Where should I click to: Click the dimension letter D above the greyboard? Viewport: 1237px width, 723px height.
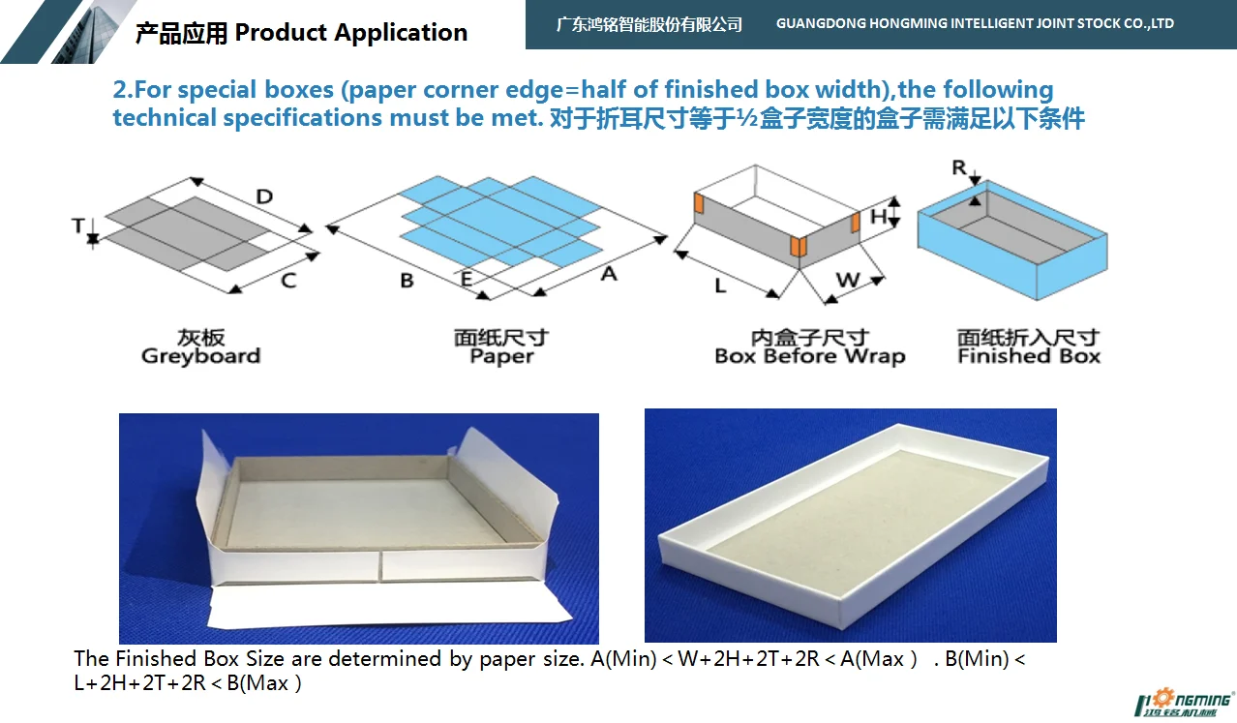click(263, 197)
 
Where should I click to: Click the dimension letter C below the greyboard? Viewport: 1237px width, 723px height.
click(287, 281)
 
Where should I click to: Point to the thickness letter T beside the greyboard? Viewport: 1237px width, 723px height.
click(77, 226)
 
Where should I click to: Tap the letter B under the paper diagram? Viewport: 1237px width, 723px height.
click(407, 281)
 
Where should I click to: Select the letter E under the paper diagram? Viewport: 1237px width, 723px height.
click(467, 280)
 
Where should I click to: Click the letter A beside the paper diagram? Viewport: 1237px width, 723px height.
click(608, 274)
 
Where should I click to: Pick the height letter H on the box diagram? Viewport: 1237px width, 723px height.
click(878, 216)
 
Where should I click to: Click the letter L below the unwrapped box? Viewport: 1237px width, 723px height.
click(720, 286)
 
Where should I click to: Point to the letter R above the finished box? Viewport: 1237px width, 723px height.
click(959, 168)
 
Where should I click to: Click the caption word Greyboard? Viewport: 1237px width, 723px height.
click(200, 356)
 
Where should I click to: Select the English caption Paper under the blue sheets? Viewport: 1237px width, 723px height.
click(501, 356)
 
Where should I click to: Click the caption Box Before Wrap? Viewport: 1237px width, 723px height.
click(809, 356)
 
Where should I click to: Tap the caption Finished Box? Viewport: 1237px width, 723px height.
click(1029, 356)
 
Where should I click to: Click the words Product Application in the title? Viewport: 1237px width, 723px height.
click(351, 33)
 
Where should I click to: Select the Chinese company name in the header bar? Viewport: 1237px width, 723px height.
click(649, 24)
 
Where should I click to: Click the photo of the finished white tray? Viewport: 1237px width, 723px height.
click(850, 525)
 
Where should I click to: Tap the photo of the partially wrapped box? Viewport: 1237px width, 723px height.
click(358, 527)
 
